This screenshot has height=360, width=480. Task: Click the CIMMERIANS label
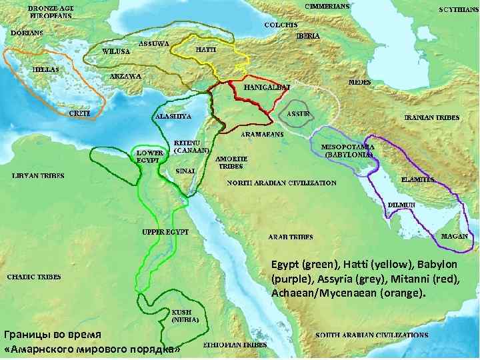tap(327, 5)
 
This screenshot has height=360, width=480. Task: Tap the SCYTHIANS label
tap(458, 10)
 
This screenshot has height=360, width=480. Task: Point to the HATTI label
tap(205, 50)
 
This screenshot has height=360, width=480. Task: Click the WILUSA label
tap(116, 51)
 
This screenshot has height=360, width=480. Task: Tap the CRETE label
tap(80, 113)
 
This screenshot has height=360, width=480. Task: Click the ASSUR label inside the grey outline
tap(298, 113)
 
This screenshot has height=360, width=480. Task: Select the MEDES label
tap(360, 82)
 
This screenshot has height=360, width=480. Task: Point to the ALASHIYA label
tap(173, 116)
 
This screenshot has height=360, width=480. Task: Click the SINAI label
tap(185, 171)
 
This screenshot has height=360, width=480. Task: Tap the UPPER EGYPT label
tap(165, 231)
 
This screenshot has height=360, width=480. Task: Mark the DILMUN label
tap(403, 205)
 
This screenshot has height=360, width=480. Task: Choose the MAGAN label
tap(455, 237)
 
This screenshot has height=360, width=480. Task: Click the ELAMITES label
tap(418, 180)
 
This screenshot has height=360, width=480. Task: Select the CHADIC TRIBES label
tap(34, 277)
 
